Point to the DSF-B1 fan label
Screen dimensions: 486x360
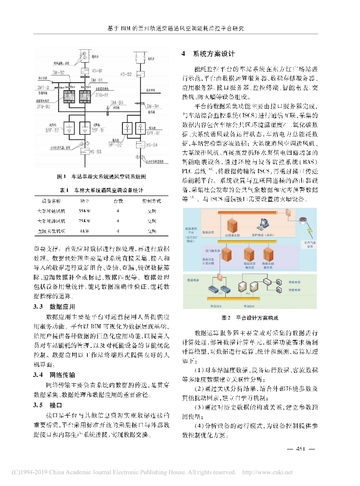click(x=98, y=130)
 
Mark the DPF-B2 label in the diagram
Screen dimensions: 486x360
click(x=114, y=145)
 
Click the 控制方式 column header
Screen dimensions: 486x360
click(x=151, y=201)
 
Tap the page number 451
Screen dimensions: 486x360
click(x=302, y=449)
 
